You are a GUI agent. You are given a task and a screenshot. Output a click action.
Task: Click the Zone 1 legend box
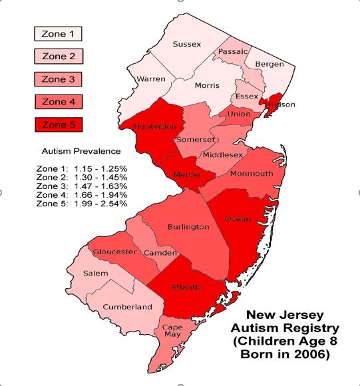[x=58, y=34]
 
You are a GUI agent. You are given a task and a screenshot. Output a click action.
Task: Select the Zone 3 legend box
[x=58, y=79]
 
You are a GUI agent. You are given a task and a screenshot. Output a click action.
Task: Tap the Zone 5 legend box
[x=58, y=124]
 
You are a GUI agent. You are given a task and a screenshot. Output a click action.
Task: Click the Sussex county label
[x=186, y=45]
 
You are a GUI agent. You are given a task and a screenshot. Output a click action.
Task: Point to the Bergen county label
[x=270, y=65]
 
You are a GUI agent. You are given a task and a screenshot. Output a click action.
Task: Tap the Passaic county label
[x=233, y=51]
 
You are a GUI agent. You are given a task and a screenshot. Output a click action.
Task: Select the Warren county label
[x=150, y=79]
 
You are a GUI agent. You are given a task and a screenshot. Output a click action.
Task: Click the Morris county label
[x=207, y=86]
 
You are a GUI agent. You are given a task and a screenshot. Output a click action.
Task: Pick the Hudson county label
[x=279, y=105]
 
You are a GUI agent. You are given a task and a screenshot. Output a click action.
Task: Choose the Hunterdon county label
[x=154, y=126]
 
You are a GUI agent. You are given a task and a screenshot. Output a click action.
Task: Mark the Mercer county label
[x=187, y=175]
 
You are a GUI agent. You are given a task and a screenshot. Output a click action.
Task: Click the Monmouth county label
[x=251, y=174]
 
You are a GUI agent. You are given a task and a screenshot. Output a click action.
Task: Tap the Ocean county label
[x=238, y=219]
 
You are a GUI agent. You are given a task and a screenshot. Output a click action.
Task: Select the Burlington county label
[x=188, y=227]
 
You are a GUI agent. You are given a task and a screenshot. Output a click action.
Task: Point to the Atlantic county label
[x=187, y=288]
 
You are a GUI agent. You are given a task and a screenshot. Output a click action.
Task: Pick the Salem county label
[x=96, y=274]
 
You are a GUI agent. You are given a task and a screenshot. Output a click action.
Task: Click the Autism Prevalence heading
[x=81, y=151]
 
